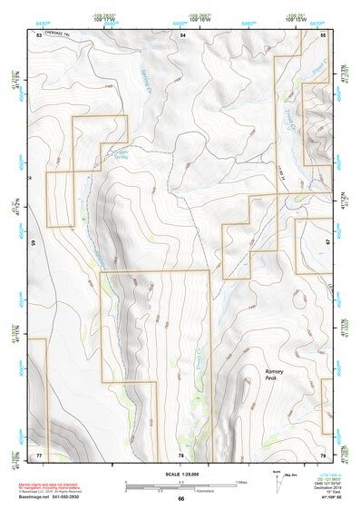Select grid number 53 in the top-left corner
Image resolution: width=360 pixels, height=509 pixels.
click(39, 34)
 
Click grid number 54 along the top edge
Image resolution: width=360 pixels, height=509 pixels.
click(182, 34)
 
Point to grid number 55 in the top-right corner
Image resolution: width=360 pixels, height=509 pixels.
click(324, 34)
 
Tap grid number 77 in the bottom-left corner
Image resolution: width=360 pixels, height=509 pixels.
click(39, 453)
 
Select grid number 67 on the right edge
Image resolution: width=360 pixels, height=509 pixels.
click(328, 243)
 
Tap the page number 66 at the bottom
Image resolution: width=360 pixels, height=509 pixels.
click(180, 498)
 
